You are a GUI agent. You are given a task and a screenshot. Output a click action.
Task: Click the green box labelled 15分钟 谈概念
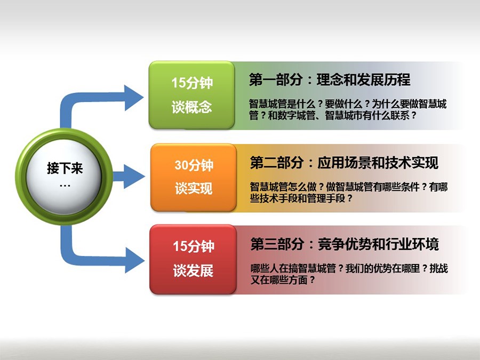tap(192, 95)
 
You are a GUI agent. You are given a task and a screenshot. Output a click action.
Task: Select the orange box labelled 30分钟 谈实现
tap(194, 177)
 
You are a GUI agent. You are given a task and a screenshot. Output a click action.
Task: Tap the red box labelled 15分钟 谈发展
tap(193, 259)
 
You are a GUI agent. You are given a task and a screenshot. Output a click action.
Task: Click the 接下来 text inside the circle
tap(65, 169)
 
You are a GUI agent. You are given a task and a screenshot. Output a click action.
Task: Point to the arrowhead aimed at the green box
tap(134, 98)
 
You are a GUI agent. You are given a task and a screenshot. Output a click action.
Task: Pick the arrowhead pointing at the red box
tap(135, 260)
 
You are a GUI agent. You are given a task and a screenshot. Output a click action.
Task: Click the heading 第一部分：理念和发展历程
tap(330, 79)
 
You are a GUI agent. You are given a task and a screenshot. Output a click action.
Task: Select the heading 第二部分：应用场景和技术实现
tap(344, 163)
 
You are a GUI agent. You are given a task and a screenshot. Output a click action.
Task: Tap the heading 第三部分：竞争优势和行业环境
tap(345, 244)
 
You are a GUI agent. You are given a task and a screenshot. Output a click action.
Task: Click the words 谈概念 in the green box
tap(191, 107)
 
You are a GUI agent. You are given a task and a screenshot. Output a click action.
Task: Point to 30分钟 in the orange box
tap(194, 165)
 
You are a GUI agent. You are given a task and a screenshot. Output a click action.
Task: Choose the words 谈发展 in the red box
tap(193, 270)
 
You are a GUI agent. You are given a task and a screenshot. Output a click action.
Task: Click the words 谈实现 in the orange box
tap(194, 188)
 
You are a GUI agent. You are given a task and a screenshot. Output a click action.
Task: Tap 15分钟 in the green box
tap(192, 83)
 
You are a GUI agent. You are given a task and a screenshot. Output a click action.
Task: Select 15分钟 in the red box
tap(194, 246)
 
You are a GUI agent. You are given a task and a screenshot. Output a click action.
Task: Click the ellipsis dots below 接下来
tap(65, 186)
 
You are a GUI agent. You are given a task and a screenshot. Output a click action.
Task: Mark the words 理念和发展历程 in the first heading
tap(363, 79)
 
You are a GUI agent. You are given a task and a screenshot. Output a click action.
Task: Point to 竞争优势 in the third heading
tap(345, 244)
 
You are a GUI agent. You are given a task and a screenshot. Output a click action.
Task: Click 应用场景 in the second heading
tap(344, 163)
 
